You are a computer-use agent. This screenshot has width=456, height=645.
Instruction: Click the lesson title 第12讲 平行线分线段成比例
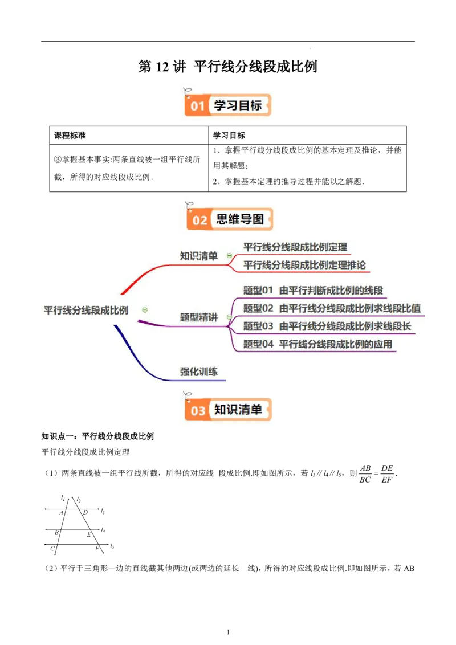[227, 67]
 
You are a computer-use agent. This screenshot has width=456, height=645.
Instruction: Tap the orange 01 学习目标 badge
[227, 105]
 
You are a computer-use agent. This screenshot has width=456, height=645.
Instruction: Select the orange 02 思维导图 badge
[230, 219]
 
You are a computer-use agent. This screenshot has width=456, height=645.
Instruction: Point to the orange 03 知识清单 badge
[228, 409]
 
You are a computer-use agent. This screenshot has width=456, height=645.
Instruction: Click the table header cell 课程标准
[70, 136]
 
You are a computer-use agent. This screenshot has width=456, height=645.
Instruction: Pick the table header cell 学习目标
[229, 136]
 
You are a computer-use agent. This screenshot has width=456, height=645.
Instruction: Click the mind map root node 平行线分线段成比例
[86, 310]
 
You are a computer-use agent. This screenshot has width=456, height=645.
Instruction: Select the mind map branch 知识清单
[199, 256]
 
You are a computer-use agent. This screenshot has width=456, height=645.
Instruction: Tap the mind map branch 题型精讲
[199, 317]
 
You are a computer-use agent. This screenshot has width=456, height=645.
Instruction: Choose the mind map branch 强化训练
[199, 372]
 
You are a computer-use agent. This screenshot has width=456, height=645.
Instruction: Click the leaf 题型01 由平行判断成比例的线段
[313, 291]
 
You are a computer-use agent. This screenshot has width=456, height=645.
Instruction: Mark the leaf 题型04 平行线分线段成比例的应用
[317, 344]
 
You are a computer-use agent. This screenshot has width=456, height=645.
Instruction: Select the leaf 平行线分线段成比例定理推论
[304, 265]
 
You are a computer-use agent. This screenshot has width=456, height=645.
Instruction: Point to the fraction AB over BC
[365, 474]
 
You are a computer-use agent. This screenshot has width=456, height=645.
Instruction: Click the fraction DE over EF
[387, 474]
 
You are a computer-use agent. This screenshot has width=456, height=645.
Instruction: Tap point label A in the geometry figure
[61, 513]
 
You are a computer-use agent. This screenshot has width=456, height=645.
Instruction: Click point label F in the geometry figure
[97, 548]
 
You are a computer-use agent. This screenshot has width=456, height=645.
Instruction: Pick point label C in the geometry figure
[52, 548]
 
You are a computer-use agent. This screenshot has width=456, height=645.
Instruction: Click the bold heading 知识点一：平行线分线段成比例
[97, 436]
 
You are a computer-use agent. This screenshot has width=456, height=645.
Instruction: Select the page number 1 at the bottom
[228, 632]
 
